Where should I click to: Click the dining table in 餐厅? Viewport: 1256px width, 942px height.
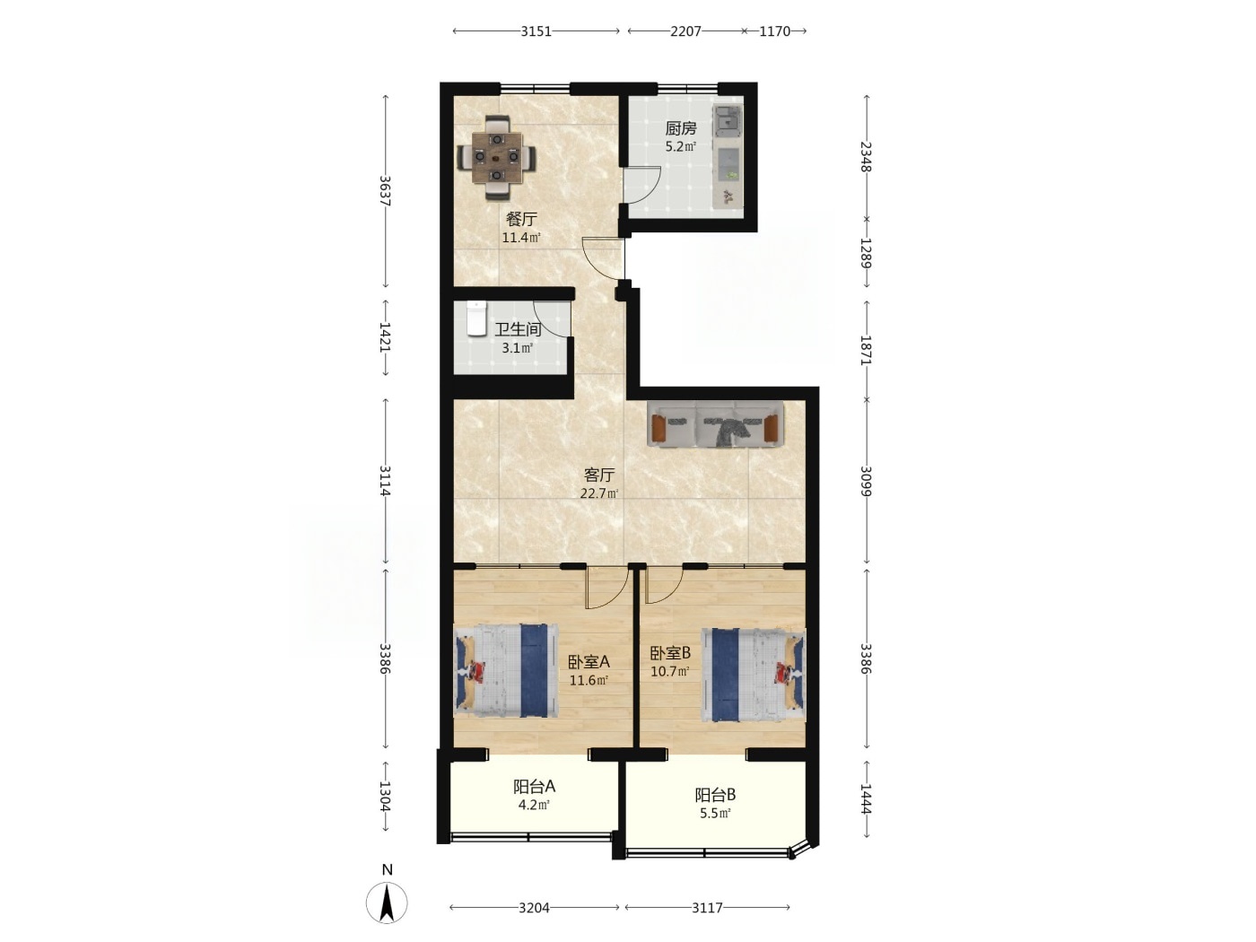(497, 157)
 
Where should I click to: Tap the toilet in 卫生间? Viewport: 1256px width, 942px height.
(475, 318)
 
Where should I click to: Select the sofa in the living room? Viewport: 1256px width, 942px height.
(715, 423)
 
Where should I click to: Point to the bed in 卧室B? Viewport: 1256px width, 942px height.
(754, 676)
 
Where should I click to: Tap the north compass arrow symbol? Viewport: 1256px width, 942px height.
(387, 903)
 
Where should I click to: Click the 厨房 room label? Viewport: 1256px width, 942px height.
(680, 128)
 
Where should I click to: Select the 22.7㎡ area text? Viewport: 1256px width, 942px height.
(599, 493)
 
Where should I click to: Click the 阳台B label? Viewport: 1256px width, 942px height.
(715, 795)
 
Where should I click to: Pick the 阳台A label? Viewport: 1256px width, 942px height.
(534, 787)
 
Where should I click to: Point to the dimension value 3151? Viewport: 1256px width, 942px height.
(536, 31)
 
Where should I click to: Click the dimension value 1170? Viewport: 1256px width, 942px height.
(775, 31)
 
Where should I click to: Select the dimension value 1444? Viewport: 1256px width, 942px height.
(866, 799)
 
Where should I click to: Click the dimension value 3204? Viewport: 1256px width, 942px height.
(535, 907)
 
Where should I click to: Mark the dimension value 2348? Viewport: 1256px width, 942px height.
(866, 156)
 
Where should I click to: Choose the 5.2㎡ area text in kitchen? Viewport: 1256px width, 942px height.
(680, 146)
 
